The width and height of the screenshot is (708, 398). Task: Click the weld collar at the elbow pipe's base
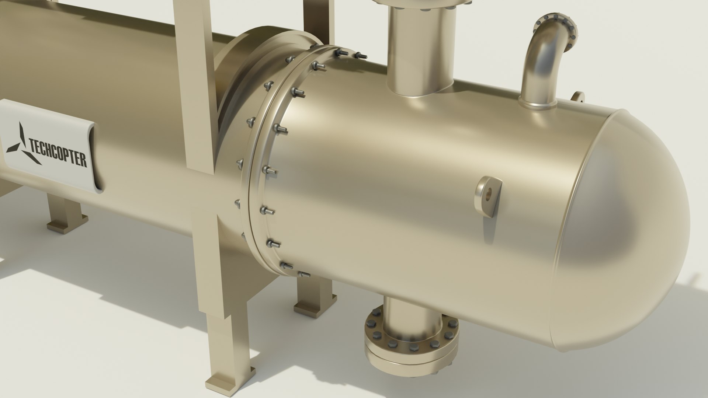[537, 104]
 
